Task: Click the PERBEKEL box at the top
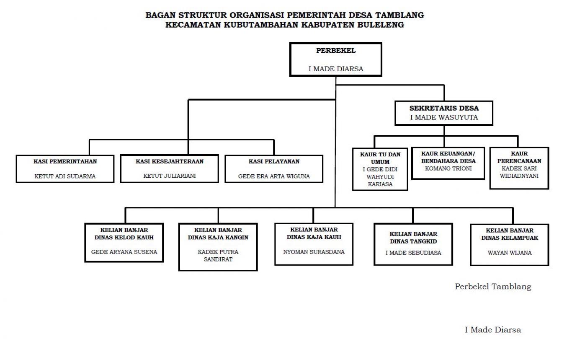pos(335,59)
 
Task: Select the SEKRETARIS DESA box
pos(444,113)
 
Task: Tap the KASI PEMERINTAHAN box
pos(65,168)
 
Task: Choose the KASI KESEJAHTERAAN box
pos(170,168)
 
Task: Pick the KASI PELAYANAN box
pos(274,168)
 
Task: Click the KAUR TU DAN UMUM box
pos(380,169)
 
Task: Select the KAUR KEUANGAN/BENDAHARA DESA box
pos(448,163)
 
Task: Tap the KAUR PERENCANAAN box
pos(519,168)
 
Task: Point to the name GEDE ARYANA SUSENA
pos(124,252)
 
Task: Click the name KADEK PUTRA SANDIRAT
pos(218,256)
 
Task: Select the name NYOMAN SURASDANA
pos(314,252)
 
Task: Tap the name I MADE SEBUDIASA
pos(413,253)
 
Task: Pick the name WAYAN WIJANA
pos(510,253)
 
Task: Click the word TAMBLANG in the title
pos(399,15)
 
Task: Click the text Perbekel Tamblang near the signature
pos(493,286)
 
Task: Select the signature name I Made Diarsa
pos(493,329)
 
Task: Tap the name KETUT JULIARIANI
pos(170,176)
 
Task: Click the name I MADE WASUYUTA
pos(444,117)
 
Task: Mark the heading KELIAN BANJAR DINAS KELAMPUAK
pos(510,234)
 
